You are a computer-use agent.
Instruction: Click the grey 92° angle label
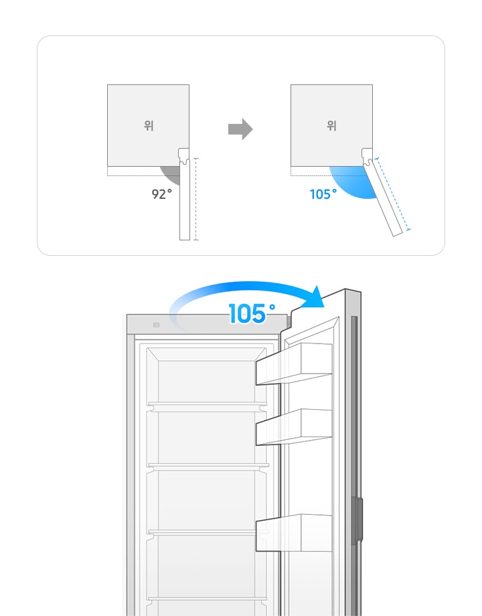(161, 194)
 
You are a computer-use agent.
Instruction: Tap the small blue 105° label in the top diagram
(323, 194)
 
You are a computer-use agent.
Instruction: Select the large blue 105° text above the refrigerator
(252, 313)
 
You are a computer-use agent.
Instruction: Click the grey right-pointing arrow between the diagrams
(240, 129)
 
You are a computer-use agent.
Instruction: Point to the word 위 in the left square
(149, 126)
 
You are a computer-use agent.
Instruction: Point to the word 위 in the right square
(332, 126)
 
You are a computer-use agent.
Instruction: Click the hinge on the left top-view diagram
(184, 155)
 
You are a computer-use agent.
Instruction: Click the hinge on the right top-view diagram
(368, 155)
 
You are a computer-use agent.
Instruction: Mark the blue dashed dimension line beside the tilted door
(393, 194)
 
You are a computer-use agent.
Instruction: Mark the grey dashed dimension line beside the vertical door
(196, 199)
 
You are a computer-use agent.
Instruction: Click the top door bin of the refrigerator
(294, 364)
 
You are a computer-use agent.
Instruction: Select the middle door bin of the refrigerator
(294, 427)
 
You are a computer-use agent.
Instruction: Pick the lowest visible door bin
(294, 533)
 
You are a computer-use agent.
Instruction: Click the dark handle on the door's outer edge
(357, 520)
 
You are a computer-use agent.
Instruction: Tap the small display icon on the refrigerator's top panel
(157, 325)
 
